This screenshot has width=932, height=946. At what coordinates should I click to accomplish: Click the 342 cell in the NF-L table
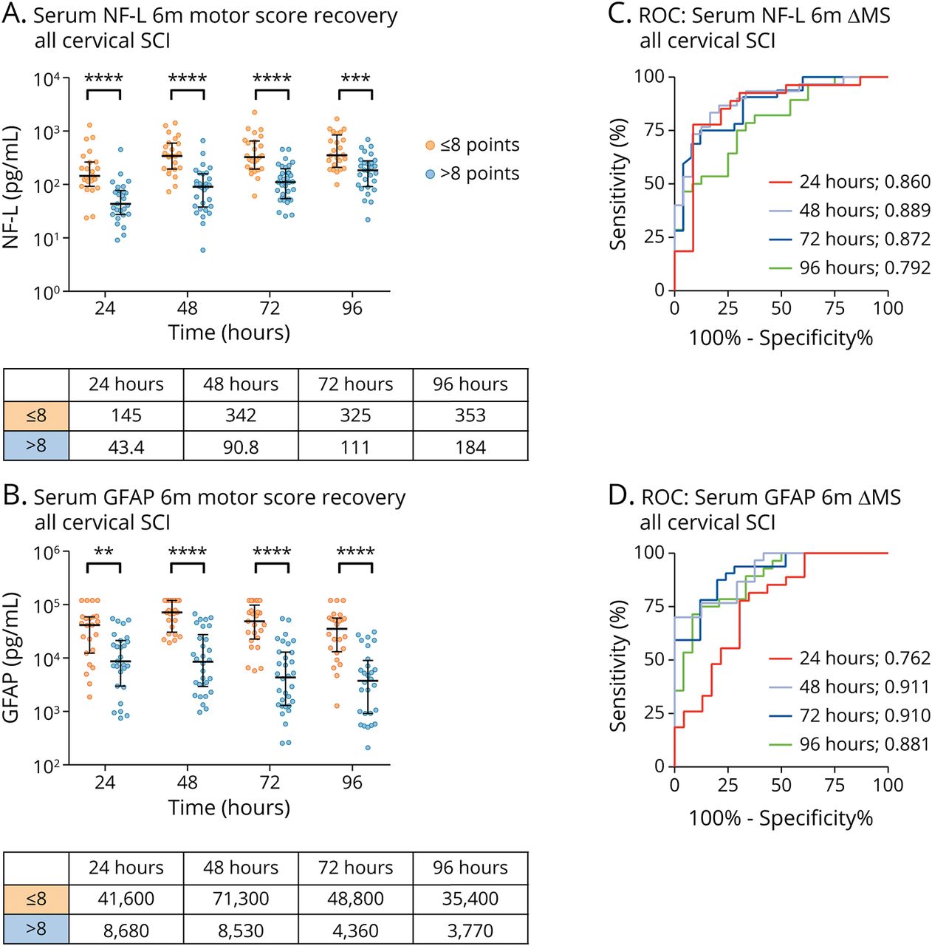241,415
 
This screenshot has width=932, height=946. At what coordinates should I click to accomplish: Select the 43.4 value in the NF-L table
126,447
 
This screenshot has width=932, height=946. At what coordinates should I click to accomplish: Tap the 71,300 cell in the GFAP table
241,899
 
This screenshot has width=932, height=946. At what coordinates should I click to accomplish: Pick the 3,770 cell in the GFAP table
470,930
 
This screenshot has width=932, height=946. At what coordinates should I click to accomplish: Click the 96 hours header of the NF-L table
470,384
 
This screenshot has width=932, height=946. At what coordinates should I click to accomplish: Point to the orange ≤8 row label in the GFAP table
36,899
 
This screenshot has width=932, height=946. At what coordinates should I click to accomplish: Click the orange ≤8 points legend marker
430,146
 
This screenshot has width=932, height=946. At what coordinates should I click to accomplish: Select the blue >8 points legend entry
473,174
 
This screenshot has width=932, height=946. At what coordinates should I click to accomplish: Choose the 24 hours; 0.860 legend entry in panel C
849,182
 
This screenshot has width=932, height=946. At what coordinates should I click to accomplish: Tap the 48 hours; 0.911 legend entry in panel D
849,687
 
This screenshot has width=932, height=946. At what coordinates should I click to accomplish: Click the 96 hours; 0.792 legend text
865,268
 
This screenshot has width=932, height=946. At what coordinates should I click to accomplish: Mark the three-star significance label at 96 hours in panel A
355,78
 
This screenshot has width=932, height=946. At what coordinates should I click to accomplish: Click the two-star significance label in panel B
103,551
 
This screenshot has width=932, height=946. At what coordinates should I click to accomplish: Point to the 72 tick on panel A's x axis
270,307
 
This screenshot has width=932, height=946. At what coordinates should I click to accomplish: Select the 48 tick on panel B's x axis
188,782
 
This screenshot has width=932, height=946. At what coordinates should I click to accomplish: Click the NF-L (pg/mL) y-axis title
11,186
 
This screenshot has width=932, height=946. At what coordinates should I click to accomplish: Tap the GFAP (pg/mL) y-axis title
11,658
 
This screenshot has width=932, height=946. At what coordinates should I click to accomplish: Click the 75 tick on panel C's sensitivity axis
654,130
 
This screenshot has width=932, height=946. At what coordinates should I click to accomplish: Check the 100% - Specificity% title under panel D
781,818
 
